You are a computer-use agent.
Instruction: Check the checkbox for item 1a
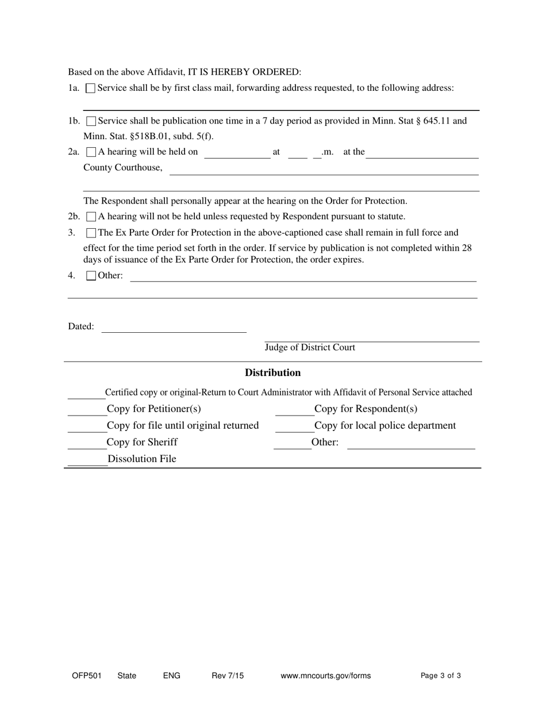[x=90, y=89]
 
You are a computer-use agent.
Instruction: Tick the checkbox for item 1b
[x=91, y=121]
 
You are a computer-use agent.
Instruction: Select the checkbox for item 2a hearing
[x=91, y=152]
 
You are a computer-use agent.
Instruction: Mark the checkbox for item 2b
[x=91, y=217]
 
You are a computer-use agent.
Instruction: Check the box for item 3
[x=91, y=233]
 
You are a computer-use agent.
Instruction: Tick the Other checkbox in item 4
[x=91, y=276]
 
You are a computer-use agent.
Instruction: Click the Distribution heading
[x=272, y=373]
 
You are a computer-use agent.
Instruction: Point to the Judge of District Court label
[x=310, y=348]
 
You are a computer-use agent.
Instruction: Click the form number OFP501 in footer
[x=87, y=676]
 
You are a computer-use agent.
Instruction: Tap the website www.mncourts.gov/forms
[x=325, y=676]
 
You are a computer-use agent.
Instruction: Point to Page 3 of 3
[x=440, y=676]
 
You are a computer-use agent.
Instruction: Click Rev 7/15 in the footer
[x=228, y=676]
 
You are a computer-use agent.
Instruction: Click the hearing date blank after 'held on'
[x=237, y=153]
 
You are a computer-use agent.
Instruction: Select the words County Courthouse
[x=123, y=168]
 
